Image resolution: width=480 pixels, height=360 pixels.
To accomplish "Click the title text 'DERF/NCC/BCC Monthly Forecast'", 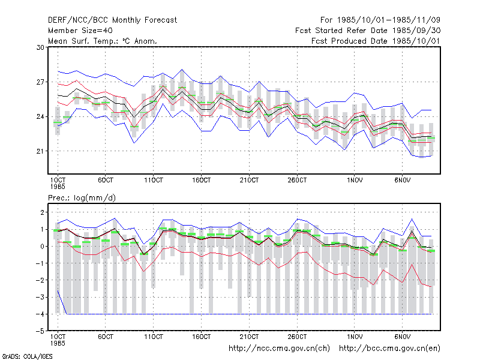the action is pos(112,20).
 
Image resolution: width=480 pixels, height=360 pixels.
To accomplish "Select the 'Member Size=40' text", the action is pos(80,31).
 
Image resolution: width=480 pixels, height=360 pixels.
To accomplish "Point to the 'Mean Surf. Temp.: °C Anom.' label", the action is pos(103,41).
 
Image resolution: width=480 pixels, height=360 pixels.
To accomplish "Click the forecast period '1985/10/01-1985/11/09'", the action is pos(389,20).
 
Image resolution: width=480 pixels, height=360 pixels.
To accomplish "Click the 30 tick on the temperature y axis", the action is pos(40,47).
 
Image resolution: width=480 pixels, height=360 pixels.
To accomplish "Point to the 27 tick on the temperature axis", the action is pos(40,82).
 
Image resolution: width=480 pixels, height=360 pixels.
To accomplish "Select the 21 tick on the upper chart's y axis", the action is pos(40,151).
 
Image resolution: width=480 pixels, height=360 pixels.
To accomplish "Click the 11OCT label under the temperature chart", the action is pos(154,181).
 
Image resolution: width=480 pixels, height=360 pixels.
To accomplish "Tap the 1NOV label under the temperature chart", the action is pos(355,181).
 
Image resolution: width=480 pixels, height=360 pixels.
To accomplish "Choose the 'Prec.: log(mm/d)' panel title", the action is pos(82,198).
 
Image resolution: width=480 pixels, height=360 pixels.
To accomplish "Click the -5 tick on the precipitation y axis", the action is pos(40,331).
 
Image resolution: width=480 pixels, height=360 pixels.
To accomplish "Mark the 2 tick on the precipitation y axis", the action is pos(42,212).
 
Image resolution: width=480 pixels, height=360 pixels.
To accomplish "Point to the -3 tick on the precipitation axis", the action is pos(40,297).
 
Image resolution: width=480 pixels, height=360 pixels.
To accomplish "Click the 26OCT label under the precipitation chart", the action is pos(297,337).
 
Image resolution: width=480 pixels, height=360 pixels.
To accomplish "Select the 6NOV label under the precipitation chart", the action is pos(402,337).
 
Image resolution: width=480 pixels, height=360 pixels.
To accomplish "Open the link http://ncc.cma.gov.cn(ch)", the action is pos(279,349).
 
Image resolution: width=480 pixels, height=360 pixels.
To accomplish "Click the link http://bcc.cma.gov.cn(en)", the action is pos(389,349).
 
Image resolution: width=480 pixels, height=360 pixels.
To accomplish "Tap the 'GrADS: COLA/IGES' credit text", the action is pos(27,356).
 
